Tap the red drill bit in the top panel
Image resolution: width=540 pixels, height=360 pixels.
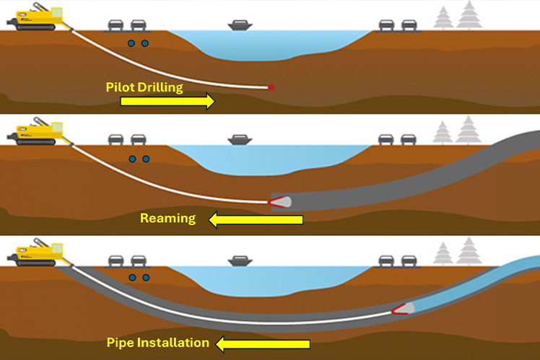point(271,87)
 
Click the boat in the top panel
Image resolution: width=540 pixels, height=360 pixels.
point(239,27)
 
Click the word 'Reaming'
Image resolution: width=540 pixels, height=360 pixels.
point(168,218)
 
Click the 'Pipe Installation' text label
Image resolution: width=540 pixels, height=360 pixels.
point(157,342)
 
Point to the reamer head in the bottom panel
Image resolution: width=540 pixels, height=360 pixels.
point(403,309)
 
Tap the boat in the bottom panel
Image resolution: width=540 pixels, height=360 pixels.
point(239,260)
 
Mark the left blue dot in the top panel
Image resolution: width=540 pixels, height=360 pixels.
point(131,43)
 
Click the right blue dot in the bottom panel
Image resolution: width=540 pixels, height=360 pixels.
point(145,277)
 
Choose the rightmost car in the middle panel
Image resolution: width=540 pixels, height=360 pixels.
point(409,139)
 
